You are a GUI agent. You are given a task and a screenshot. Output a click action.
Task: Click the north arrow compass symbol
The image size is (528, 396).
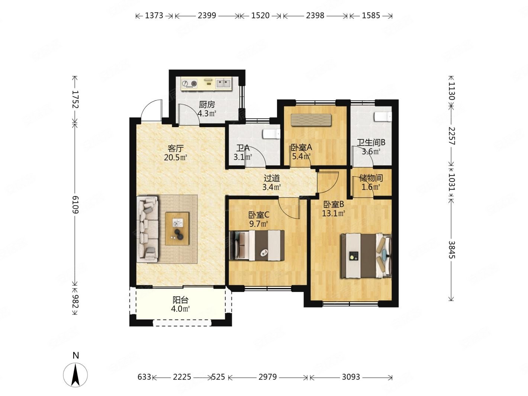pyautogui.click(x=75, y=375)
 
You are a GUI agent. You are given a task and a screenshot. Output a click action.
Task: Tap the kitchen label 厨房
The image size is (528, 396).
pyautogui.click(x=207, y=104)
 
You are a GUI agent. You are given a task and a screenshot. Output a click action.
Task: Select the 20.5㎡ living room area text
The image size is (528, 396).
pyautogui.click(x=176, y=158)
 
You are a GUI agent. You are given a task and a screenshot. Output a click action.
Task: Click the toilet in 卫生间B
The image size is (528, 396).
pyautogui.click(x=383, y=117)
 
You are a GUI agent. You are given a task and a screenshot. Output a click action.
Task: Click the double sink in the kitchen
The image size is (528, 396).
pyautogui.click(x=223, y=83)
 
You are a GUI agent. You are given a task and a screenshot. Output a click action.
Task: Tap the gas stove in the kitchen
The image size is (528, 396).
pyautogui.click(x=189, y=83)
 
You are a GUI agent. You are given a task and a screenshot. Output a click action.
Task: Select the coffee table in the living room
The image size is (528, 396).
pyautogui.click(x=177, y=228)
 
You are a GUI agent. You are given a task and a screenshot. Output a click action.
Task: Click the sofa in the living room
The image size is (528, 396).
pyautogui.click(x=148, y=229)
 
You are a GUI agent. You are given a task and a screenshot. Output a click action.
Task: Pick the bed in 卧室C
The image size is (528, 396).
pyautogui.click(x=257, y=245)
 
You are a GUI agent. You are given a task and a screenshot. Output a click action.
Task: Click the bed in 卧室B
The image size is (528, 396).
pyautogui.click(x=366, y=256)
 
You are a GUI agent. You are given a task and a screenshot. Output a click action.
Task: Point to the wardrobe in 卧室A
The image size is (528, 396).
pyautogui.click(x=311, y=120)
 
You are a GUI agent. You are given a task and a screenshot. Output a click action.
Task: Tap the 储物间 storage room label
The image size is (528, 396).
pyautogui.click(x=371, y=178)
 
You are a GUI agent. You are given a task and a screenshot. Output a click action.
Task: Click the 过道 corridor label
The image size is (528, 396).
pyautogui.click(x=272, y=178)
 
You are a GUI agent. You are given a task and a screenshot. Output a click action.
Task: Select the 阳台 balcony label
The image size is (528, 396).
pyautogui.click(x=180, y=300)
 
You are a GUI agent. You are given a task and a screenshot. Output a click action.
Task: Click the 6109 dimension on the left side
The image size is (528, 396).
pyautogui.click(x=75, y=205)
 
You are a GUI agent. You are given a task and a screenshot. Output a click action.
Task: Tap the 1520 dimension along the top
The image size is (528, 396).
pyautogui.click(x=260, y=16)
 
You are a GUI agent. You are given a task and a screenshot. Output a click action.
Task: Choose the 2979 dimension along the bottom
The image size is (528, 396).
pyautogui.click(x=267, y=377)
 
